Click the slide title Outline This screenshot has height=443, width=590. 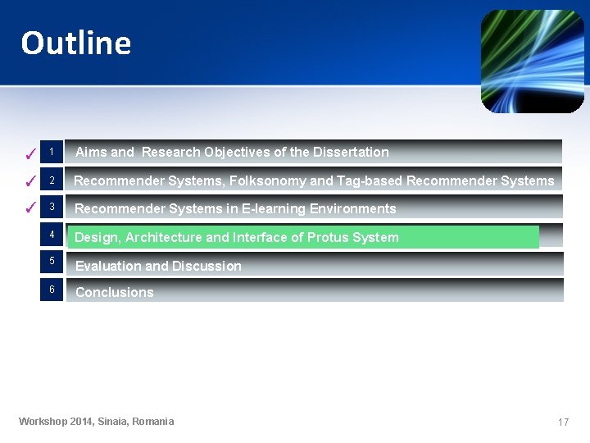point(75,43)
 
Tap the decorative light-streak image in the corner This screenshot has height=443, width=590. point(532,62)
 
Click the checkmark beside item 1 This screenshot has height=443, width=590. point(29,153)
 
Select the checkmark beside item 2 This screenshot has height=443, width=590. point(29,181)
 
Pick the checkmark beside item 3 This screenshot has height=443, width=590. point(29,208)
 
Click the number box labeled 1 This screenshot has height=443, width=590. point(51,152)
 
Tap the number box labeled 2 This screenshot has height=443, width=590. point(51,180)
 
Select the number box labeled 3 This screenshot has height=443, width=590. point(51,207)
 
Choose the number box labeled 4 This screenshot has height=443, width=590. point(51,235)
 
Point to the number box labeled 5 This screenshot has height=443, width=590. point(51,262)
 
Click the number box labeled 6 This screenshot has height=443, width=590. point(51,290)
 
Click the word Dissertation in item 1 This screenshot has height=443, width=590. point(351,152)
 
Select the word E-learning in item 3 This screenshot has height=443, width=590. point(274,208)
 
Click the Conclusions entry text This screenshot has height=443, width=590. point(115,292)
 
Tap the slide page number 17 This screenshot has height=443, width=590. point(563,422)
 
